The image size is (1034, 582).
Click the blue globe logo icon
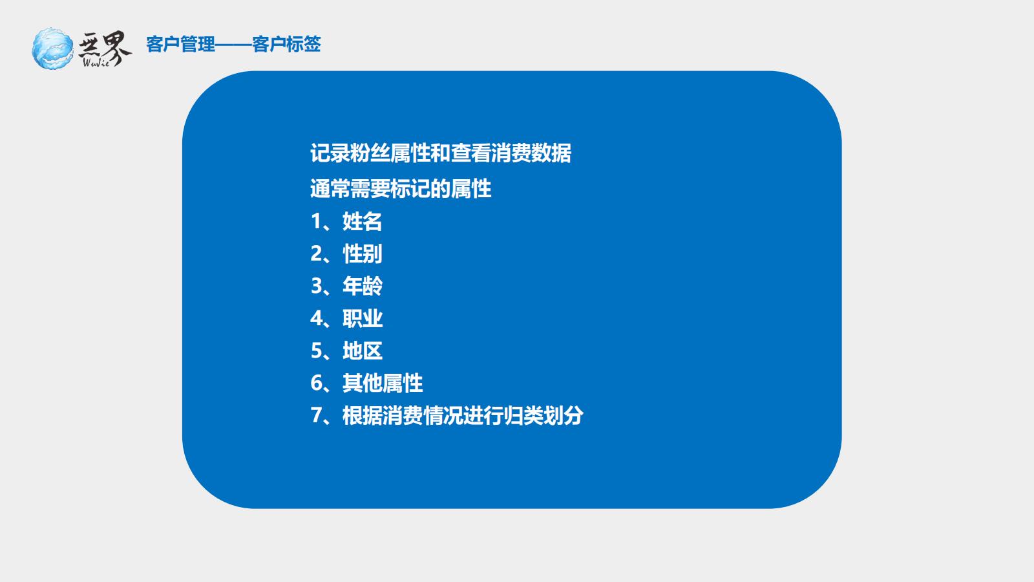pyautogui.click(x=52, y=48)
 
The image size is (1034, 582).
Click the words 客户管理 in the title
pyautogui.click(x=180, y=45)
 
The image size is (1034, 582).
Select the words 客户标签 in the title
pyautogui.click(x=286, y=45)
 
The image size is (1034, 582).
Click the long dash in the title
pyautogui.click(x=233, y=45)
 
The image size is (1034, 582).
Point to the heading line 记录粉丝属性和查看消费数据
pyautogui.click(x=441, y=153)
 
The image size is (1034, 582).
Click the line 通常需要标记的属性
pyautogui.click(x=401, y=188)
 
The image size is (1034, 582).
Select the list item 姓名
pyautogui.click(x=363, y=221)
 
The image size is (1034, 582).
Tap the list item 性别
pyautogui.click(x=363, y=253)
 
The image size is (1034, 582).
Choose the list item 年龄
pyautogui.click(x=363, y=286)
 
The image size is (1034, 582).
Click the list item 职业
pyautogui.click(x=363, y=318)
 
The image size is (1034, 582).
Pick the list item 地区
pyautogui.click(x=363, y=350)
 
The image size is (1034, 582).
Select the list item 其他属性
pyautogui.click(x=383, y=383)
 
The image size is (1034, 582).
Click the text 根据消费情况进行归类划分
pyautogui.click(x=463, y=415)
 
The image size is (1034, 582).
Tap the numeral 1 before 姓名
pyautogui.click(x=316, y=221)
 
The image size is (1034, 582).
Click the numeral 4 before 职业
pyautogui.click(x=317, y=318)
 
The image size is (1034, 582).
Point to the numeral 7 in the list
pyautogui.click(x=317, y=415)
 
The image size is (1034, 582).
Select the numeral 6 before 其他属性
pyautogui.click(x=317, y=383)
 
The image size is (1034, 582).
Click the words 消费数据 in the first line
pyautogui.click(x=531, y=153)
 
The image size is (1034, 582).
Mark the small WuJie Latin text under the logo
pyautogui.click(x=96, y=62)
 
